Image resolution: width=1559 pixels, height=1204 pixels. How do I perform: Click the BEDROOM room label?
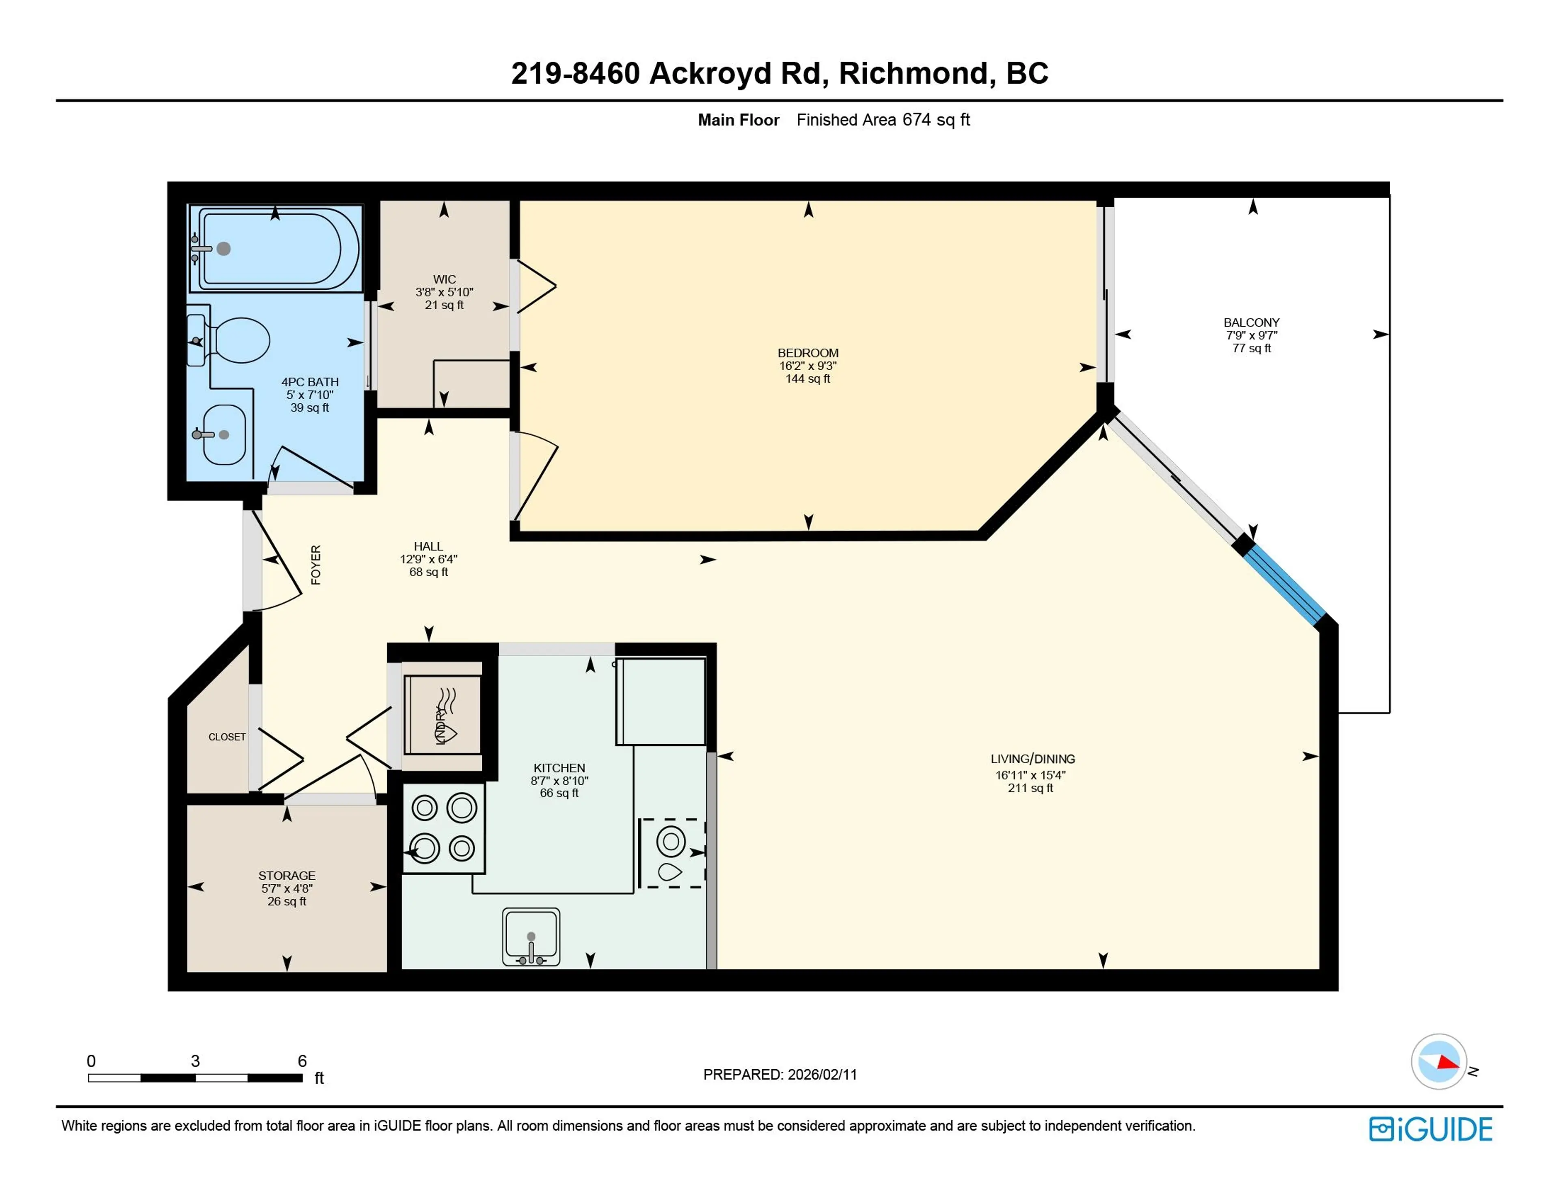[808, 353]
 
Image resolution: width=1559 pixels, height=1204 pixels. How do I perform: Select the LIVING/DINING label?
[1032, 759]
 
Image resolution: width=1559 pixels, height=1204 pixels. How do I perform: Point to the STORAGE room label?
[286, 875]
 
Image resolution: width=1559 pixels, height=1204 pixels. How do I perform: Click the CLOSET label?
[227, 737]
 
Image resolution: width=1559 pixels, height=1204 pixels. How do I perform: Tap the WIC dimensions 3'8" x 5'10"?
[444, 292]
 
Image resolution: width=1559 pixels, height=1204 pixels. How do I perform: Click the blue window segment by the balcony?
[1285, 587]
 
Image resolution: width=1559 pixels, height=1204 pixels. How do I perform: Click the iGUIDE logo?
[1430, 1129]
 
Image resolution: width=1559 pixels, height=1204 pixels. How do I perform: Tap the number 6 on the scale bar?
[302, 1060]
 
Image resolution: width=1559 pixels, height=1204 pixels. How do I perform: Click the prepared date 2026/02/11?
[822, 1074]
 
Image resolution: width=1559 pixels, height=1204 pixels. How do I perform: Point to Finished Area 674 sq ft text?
[883, 120]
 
